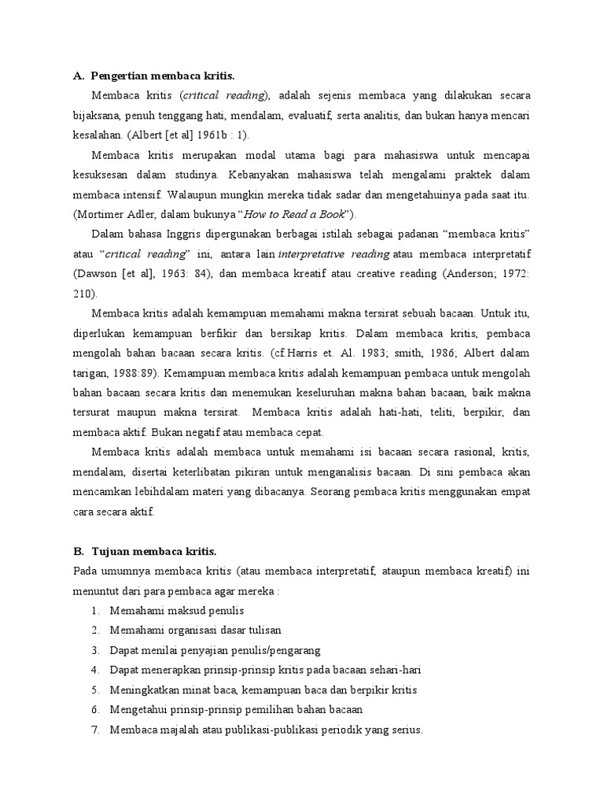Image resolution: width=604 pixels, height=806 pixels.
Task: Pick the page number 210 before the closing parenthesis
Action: pyautogui.click(x=82, y=294)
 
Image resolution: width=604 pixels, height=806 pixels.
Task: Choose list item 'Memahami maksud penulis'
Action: pyautogui.click(x=177, y=610)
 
